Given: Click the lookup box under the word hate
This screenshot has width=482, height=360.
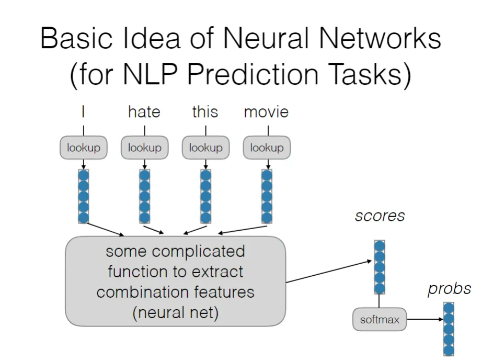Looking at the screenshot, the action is click(x=144, y=148).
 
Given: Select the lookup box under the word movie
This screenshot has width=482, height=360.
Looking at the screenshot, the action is click(x=267, y=148).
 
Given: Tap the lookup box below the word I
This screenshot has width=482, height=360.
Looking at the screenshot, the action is click(x=84, y=148).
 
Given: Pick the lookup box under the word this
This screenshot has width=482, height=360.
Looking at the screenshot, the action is click(x=205, y=148).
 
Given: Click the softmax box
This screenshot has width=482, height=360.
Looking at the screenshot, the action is click(x=380, y=319).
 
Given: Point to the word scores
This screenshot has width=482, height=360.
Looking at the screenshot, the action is click(x=380, y=216).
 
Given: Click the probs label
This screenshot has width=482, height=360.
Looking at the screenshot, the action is click(x=449, y=289).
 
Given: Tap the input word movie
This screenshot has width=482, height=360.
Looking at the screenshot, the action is click(x=266, y=112).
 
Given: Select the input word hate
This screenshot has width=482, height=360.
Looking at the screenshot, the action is click(x=144, y=111).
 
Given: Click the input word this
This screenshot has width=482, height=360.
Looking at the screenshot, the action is click(x=205, y=111).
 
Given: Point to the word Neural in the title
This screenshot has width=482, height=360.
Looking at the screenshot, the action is click(x=267, y=38).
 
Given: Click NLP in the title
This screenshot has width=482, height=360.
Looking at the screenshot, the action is click(x=150, y=74).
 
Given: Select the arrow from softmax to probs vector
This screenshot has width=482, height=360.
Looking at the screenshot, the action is click(x=425, y=319).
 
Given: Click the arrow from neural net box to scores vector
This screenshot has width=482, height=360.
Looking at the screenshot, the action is click(x=329, y=272).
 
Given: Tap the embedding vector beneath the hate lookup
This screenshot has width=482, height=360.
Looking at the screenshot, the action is click(x=144, y=196).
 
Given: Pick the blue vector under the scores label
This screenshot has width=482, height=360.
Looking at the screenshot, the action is click(x=380, y=267).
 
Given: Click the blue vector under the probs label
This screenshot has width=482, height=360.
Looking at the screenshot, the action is click(x=449, y=329).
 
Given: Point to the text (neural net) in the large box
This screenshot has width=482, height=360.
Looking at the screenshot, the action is click(x=176, y=313).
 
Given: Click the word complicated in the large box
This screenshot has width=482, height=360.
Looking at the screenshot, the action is click(x=198, y=252).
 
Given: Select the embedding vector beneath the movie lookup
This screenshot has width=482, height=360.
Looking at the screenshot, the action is click(x=267, y=196).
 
